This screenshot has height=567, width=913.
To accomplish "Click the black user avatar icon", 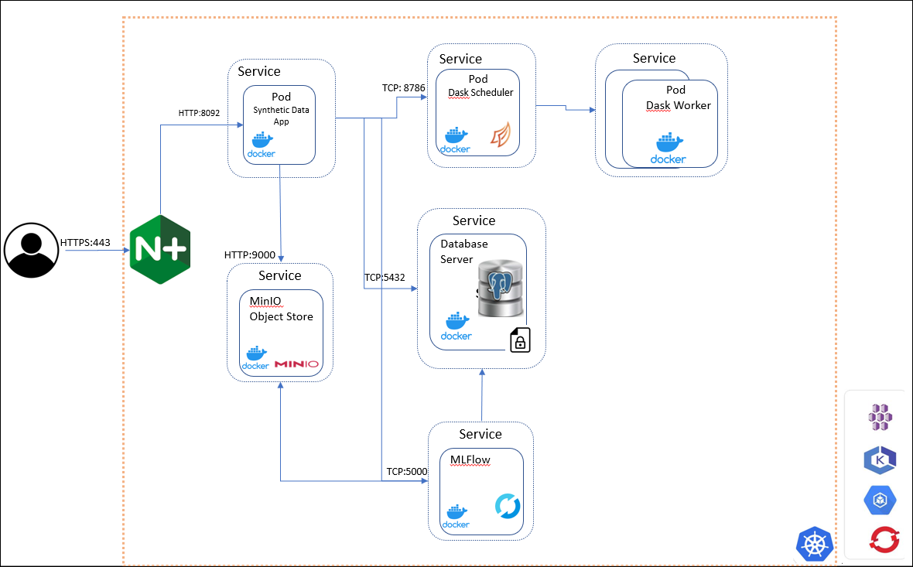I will [32, 251].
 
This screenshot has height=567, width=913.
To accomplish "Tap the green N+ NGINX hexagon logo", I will [159, 249].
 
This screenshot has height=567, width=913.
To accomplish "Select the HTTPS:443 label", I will [85, 242].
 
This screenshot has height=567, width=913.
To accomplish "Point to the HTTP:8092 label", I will [199, 113].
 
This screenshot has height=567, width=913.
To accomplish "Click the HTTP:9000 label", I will [249, 254].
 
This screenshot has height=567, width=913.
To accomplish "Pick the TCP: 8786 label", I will [404, 87].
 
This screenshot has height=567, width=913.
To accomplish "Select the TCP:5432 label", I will [385, 277].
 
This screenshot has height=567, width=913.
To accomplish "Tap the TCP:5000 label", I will [406, 471].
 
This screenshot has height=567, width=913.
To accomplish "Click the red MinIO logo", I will [296, 364].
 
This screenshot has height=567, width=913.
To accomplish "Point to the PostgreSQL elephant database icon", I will [501, 289].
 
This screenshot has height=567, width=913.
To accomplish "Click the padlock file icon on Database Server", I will [520, 340].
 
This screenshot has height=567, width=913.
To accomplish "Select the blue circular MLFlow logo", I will [508, 507].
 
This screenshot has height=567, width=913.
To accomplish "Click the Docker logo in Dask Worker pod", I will [668, 148].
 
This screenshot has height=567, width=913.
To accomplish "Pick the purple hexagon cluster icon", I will [881, 417].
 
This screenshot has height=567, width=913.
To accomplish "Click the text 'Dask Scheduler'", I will [480, 93].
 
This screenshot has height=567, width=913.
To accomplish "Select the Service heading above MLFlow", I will [480, 434].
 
